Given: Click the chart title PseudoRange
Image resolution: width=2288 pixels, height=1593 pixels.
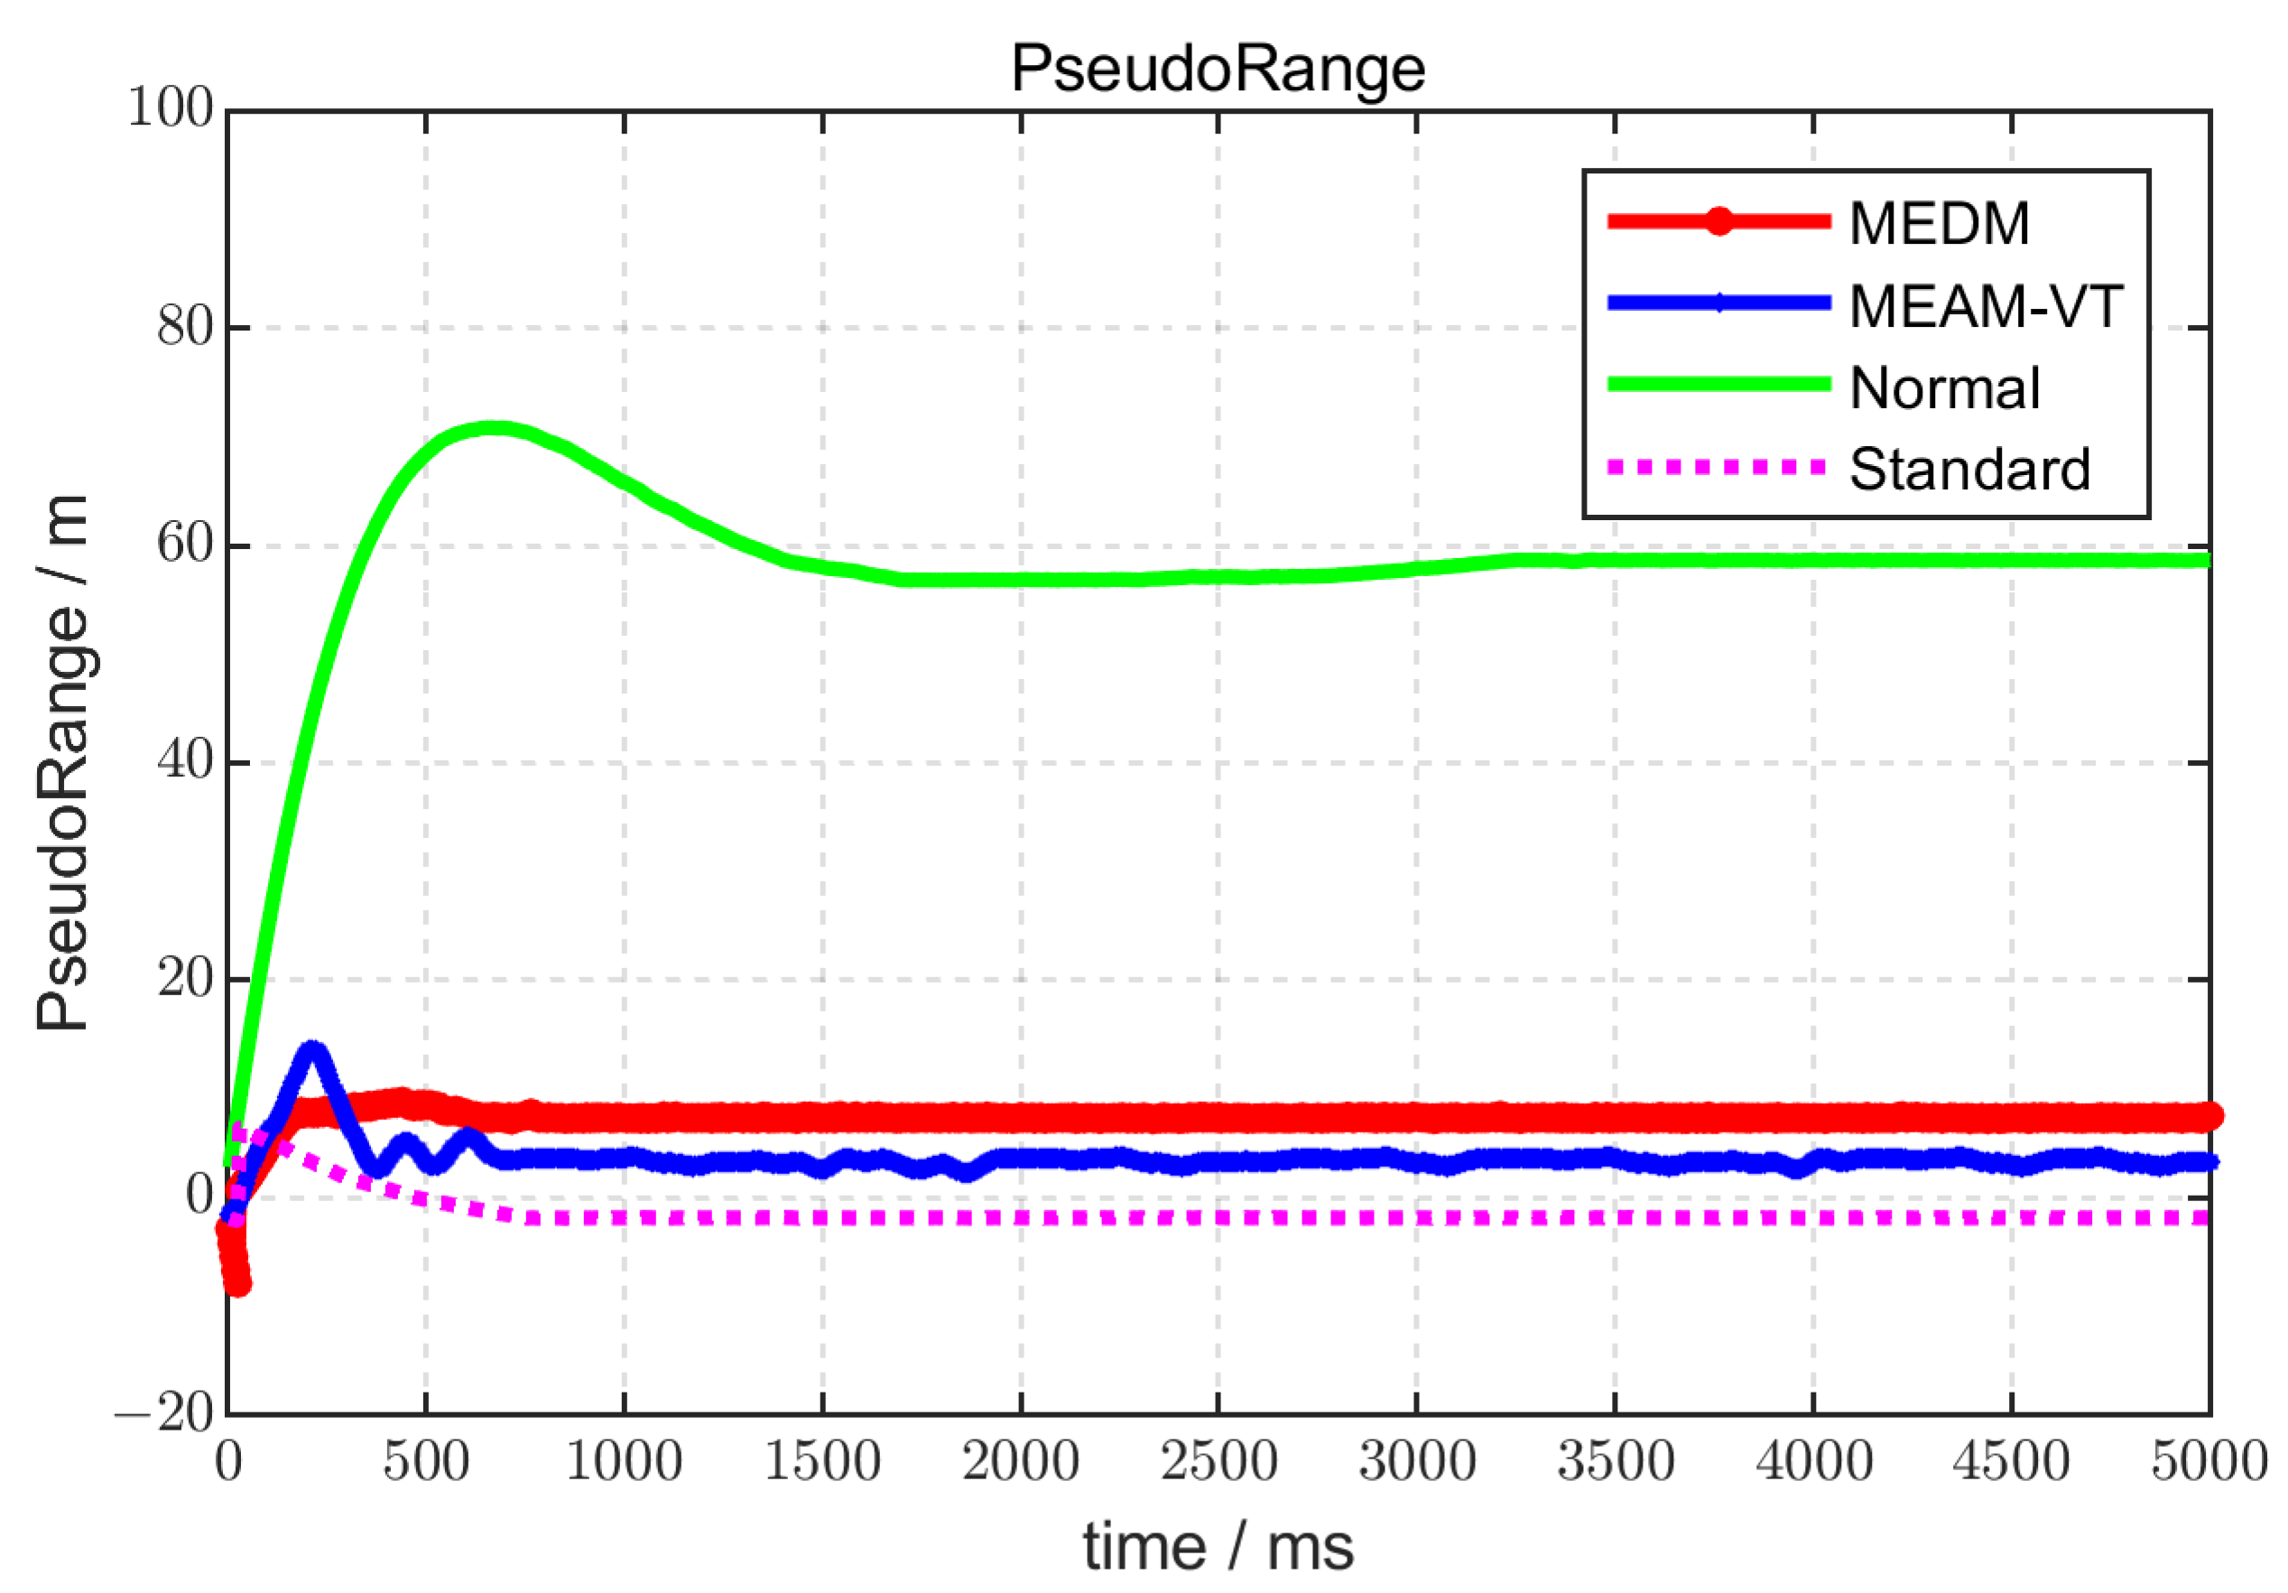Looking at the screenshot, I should [1218, 69].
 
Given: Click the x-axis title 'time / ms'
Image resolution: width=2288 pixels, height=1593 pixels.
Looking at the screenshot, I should [1218, 1546].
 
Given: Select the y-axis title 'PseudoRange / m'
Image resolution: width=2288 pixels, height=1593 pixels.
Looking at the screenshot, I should [61, 762].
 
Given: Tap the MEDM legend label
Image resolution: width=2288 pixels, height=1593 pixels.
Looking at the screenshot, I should [1938, 222].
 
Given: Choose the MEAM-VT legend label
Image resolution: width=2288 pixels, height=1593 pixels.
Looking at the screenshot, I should [1985, 305].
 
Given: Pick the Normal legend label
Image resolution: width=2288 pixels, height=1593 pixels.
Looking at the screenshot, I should [1944, 387].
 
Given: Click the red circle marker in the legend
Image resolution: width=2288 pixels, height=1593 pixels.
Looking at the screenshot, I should [1718, 221].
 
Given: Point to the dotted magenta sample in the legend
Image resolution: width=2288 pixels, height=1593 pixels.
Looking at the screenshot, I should [1718, 467].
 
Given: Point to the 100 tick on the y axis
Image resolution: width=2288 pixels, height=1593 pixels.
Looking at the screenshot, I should [171, 107].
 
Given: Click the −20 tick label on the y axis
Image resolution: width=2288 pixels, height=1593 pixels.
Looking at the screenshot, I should [164, 1412].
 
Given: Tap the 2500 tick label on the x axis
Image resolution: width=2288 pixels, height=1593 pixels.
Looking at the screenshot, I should [1218, 1462].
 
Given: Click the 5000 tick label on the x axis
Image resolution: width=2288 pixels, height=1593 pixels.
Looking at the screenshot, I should [2209, 1462].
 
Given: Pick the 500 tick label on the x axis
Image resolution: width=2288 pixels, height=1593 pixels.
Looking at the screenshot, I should [425, 1462].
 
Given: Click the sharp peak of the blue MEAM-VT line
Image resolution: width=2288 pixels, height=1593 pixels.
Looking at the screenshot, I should [313, 1049].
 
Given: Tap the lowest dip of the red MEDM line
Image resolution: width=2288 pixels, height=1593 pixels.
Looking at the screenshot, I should [237, 1283].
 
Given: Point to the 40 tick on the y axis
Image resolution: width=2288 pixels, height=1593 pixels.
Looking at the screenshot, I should [185, 761].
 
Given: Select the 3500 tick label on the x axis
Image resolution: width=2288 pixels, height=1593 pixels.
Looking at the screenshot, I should [1615, 1462].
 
